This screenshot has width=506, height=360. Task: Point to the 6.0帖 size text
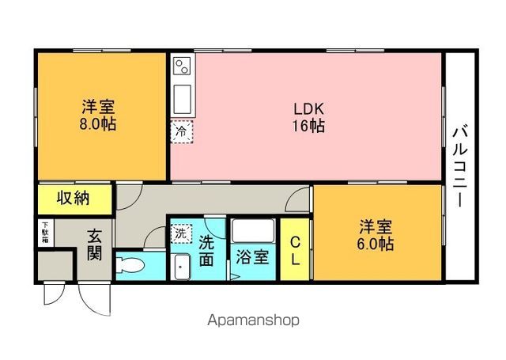(x=375, y=244)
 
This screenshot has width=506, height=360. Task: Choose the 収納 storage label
(x=73, y=198)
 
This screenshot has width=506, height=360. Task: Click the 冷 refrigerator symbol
(x=182, y=131)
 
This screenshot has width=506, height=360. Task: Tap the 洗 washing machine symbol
(x=182, y=234)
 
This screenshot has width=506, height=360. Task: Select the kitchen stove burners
(x=181, y=65)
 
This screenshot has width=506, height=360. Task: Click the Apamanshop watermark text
(x=253, y=320)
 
